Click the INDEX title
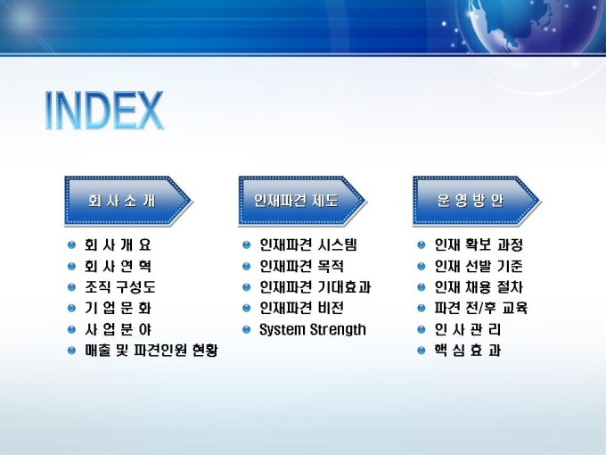pos(104,111)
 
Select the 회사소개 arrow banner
pos(128,201)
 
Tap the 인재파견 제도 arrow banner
pos(302,201)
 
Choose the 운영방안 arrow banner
pos(477,201)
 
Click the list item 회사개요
pos(118,245)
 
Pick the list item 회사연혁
pos(118,266)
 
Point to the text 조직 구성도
pos(120,287)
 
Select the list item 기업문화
pos(118,309)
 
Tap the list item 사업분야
pos(118,329)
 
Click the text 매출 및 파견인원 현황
pos(151,351)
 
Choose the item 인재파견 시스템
pos(308,245)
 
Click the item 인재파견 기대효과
pos(315,287)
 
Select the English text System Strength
pos(313,329)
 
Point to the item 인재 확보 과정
pos(479,245)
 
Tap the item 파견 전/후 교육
pos(480,309)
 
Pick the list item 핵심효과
pos(468,351)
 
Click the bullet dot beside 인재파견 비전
pos(246,309)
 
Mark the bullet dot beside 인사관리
pos(422,329)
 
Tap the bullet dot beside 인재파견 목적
pos(246,266)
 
